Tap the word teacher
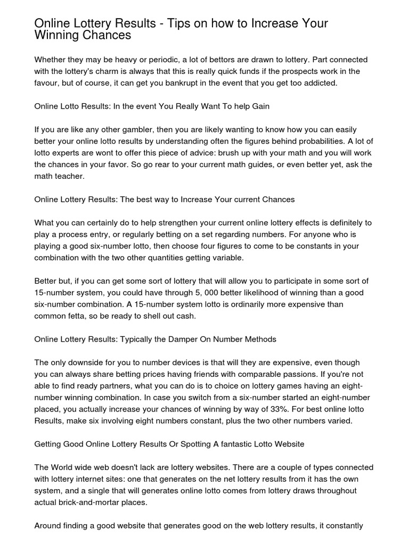tap(68, 176)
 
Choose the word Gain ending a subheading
tap(259, 106)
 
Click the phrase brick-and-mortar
tap(99, 502)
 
